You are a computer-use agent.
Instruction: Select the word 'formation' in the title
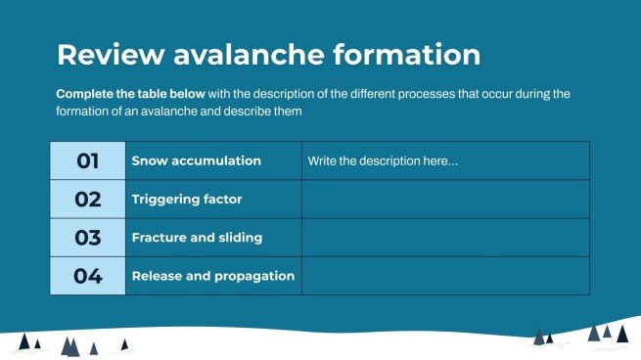point(408,55)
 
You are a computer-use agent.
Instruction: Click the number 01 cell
point(88,160)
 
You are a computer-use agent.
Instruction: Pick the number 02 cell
point(88,199)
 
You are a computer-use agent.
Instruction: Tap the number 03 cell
point(88,237)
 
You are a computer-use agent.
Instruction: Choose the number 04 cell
point(88,275)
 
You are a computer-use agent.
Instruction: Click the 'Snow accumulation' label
point(196,160)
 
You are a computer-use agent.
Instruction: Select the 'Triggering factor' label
point(187,199)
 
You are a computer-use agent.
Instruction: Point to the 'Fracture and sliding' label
point(197,238)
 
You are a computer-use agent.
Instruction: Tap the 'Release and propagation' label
point(212,276)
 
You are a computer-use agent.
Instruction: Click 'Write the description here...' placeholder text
point(382,160)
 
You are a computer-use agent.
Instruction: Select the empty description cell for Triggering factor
point(445,199)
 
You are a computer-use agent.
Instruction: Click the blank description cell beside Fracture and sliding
point(445,237)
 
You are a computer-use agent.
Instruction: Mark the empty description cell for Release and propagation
point(445,275)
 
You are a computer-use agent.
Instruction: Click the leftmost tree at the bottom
point(24,342)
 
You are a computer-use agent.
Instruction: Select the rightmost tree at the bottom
point(621,335)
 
